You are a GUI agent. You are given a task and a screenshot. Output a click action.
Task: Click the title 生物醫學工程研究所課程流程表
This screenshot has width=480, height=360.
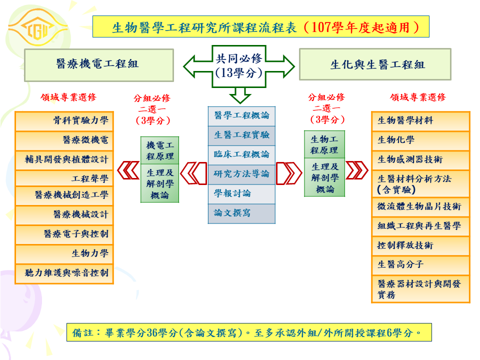(x=260, y=26)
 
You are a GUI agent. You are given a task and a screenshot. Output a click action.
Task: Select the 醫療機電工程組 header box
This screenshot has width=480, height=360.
(x=98, y=64)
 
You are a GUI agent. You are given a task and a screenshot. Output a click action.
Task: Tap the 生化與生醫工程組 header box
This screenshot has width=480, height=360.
(x=375, y=64)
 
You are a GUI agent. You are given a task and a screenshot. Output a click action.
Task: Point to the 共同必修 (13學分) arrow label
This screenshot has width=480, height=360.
(x=239, y=65)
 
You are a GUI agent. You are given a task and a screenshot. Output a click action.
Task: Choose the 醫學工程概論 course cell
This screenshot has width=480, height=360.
(x=241, y=115)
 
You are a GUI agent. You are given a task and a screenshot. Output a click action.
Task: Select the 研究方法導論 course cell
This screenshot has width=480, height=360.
(x=241, y=174)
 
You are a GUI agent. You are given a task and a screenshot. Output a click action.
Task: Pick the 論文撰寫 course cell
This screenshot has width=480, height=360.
(x=241, y=213)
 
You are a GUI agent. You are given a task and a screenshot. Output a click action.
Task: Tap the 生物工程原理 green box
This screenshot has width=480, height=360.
(x=324, y=144)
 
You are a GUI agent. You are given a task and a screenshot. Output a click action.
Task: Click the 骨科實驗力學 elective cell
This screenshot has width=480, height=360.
(x=64, y=120)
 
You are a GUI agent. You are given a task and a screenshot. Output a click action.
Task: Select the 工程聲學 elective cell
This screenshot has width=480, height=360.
(x=64, y=178)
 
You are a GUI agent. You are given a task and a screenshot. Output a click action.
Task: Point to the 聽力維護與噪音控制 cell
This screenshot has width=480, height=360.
(x=64, y=273)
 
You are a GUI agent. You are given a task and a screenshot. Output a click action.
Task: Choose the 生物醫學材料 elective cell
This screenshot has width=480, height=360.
(x=420, y=120)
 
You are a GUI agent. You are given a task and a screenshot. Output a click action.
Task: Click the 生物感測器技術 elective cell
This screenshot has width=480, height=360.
(x=420, y=159)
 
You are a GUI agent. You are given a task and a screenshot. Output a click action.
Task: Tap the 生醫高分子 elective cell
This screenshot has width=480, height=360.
(x=420, y=264)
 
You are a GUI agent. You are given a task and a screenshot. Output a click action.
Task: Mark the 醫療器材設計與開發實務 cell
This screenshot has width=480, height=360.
(x=420, y=289)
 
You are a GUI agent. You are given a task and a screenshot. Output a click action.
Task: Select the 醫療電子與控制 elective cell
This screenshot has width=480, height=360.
(x=64, y=234)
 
